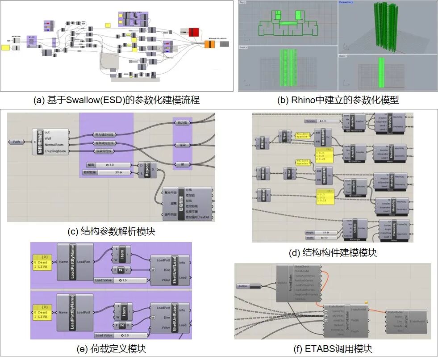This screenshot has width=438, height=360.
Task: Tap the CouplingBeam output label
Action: pyautogui.click(x=57, y=151)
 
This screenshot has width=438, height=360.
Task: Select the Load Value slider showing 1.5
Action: pyautogui.click(x=121, y=280)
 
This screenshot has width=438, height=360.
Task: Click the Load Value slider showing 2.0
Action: pyautogui.click(x=121, y=335)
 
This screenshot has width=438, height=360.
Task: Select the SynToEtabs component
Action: pyautogui.click(x=346, y=320)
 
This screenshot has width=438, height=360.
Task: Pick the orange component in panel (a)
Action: pyautogui.click(x=210, y=44)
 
